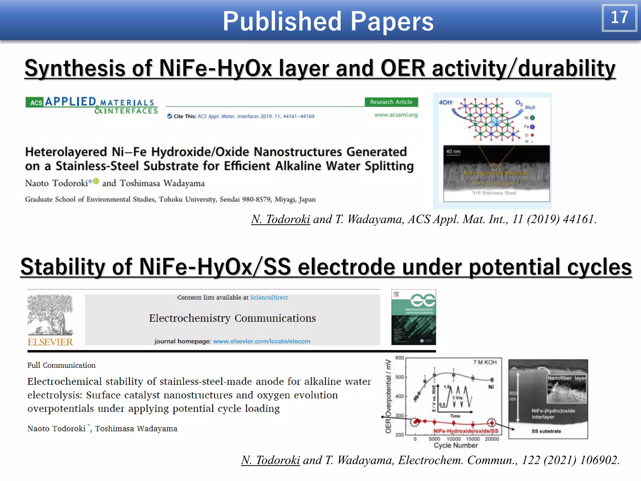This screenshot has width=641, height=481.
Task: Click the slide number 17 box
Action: pos(619,18)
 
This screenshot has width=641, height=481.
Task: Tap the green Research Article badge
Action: pos(391,102)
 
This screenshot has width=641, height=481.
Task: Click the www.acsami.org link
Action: pos(396,115)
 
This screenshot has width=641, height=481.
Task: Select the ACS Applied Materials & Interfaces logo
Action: pos(92,106)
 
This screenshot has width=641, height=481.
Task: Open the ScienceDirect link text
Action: pos(269,297)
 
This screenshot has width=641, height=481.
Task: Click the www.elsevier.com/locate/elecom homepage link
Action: pos(262,341)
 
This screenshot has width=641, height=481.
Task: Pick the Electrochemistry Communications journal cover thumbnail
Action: pos(413,317)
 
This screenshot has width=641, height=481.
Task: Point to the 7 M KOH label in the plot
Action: pos(485,362)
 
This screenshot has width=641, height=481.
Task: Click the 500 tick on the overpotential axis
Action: pos(400,377)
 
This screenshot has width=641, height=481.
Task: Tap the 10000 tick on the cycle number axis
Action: pos(454,439)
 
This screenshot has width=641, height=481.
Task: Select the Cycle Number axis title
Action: pos(456,446)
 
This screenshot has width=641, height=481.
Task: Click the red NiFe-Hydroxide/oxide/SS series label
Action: pos(465,431)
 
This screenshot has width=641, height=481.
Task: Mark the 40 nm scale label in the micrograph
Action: pos(453,152)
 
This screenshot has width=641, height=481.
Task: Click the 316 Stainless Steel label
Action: pos(494,193)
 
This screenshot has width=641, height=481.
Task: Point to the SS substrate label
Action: pos(546,431)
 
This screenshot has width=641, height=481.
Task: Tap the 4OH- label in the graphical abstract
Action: pos(446,102)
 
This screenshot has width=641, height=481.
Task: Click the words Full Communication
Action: pos(61,365)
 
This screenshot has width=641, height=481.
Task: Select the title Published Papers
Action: pos(328,21)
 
